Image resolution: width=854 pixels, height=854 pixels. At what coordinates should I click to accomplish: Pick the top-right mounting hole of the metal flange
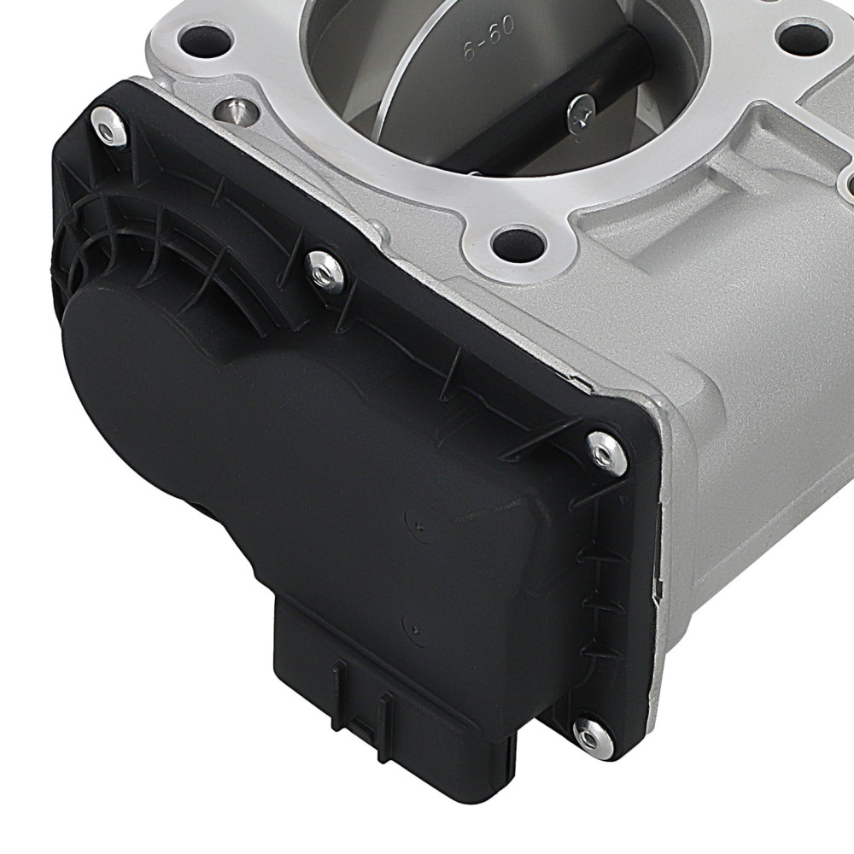click(x=799, y=36)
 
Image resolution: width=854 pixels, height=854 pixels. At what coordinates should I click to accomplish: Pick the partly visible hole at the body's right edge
click(x=845, y=184)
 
